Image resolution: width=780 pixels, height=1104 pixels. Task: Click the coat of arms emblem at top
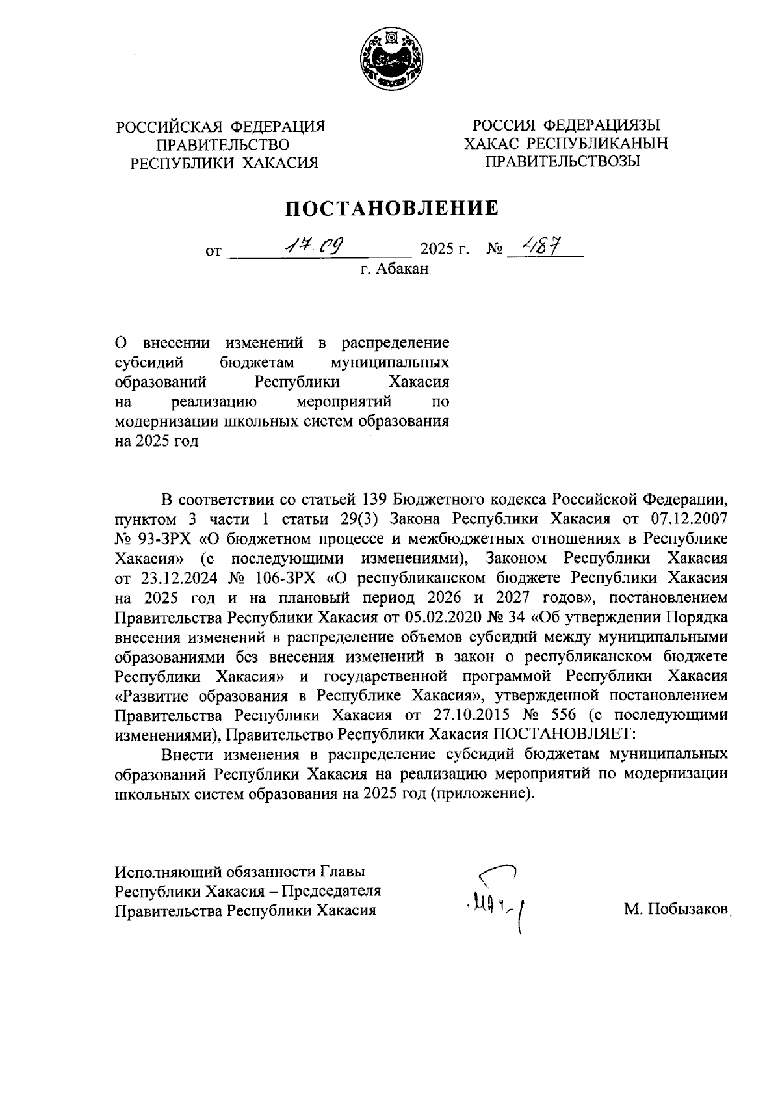click(x=389, y=60)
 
